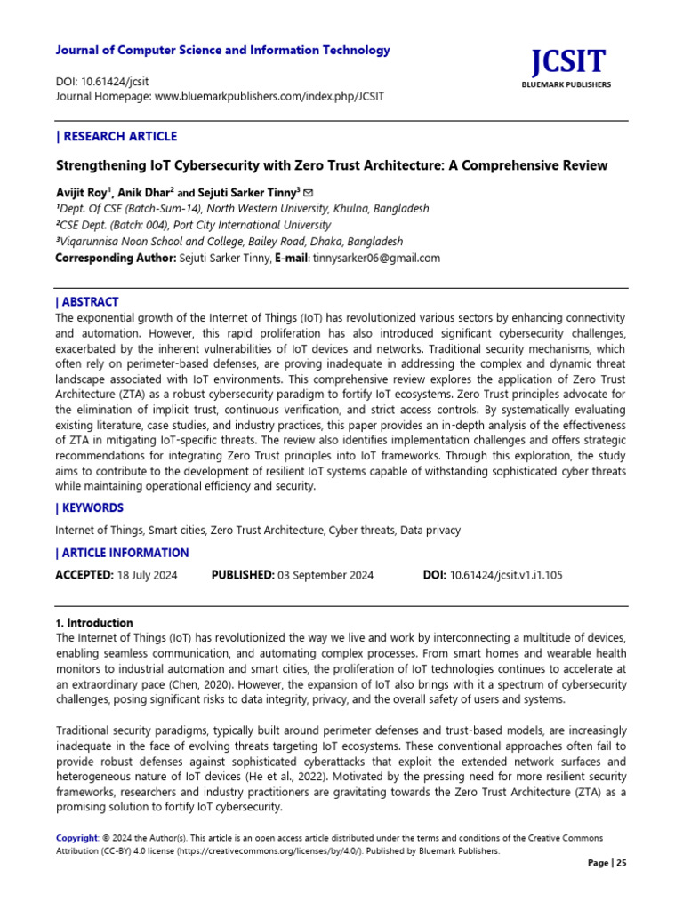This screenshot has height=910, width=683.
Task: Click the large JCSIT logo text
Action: pos(568,61)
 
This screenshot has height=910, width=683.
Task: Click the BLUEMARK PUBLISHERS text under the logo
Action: pos(568,85)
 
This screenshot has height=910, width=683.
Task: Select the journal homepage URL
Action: pos(269,95)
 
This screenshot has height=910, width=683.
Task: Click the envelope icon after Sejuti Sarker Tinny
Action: pos(308,192)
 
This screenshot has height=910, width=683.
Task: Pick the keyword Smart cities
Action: pos(176,531)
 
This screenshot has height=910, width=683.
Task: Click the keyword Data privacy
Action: pos(430,531)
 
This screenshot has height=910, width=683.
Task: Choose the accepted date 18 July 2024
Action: pos(148,575)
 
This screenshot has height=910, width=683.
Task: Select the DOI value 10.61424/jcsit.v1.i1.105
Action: pos(507,575)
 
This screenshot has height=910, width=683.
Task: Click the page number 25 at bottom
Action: pos(621,863)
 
